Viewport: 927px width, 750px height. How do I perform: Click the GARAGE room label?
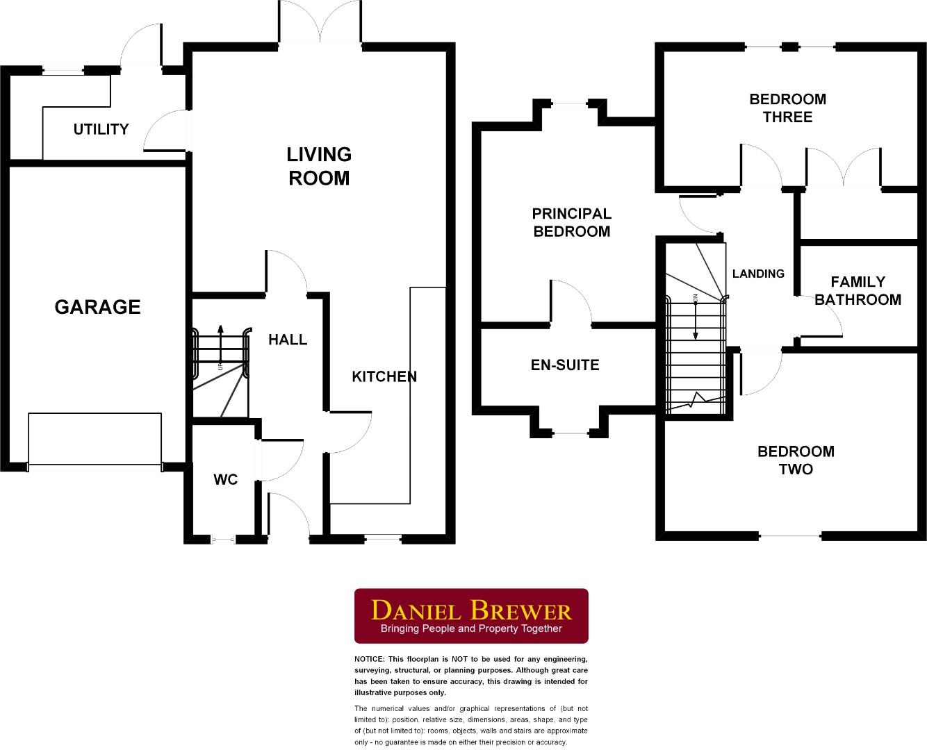tap(97, 307)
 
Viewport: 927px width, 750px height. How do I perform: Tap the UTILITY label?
tap(101, 129)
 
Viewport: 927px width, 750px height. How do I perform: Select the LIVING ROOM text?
tap(320, 166)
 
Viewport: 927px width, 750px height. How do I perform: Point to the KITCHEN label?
tap(384, 376)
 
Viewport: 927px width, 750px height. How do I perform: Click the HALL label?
tap(288, 340)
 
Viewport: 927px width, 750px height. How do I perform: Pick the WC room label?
tap(225, 479)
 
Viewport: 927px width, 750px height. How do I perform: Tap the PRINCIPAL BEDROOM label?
tap(571, 223)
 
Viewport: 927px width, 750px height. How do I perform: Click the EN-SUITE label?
tap(565, 365)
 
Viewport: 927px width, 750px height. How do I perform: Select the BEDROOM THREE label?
tap(787, 108)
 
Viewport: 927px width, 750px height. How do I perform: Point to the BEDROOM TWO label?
tap(796, 460)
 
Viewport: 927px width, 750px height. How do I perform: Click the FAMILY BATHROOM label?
tap(858, 290)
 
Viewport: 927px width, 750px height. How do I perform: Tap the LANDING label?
tap(758, 274)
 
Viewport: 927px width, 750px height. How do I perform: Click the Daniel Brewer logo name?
tap(471, 610)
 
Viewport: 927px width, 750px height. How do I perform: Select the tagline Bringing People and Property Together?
tap(471, 629)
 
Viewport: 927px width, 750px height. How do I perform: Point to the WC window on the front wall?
tap(223, 539)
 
